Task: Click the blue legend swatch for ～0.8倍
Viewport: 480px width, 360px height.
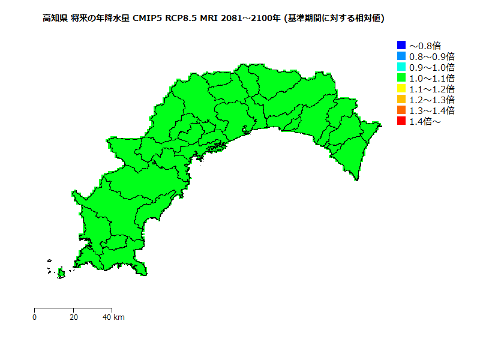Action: pyautogui.click(x=401, y=45)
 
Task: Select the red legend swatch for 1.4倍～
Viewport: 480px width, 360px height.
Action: pyautogui.click(x=401, y=121)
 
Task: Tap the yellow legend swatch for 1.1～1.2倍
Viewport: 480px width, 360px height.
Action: pyautogui.click(x=401, y=88)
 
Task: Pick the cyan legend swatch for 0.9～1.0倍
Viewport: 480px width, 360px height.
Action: pyautogui.click(x=401, y=67)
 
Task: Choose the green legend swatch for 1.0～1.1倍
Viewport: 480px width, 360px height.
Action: pyautogui.click(x=401, y=77)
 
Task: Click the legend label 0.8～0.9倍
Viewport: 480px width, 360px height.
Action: pyautogui.click(x=431, y=56)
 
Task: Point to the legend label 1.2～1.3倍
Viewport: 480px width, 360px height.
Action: pyautogui.click(x=431, y=100)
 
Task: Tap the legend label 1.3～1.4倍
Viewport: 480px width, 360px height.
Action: pyautogui.click(x=431, y=110)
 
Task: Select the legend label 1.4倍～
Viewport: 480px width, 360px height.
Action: pyautogui.click(x=425, y=121)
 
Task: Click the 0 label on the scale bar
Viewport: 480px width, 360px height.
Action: pyautogui.click(x=35, y=317)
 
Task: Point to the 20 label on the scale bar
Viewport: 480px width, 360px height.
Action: pyautogui.click(x=73, y=317)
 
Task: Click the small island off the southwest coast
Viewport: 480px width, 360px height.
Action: pyautogui.click(x=61, y=274)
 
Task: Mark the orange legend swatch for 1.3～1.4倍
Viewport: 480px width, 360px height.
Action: pyautogui.click(x=401, y=110)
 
